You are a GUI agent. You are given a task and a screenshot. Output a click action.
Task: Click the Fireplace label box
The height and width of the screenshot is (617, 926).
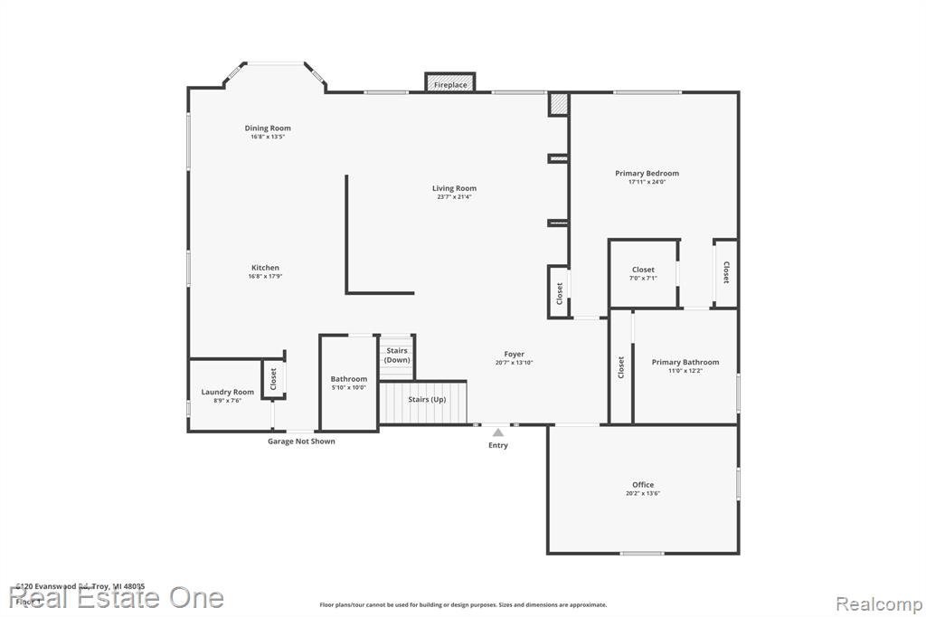click(450, 84)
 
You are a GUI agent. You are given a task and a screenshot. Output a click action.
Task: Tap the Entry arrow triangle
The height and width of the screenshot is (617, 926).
click(497, 433)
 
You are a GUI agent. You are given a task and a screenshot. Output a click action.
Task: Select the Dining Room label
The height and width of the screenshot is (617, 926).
click(268, 128)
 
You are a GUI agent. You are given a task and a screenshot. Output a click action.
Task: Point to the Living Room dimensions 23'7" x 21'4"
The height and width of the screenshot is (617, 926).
click(454, 196)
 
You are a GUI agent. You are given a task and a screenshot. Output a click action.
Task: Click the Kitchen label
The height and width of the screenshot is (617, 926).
click(265, 268)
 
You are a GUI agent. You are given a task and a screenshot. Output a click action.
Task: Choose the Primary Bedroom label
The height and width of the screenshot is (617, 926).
click(647, 174)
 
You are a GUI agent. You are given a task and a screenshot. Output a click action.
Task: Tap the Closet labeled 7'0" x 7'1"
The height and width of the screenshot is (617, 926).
click(643, 273)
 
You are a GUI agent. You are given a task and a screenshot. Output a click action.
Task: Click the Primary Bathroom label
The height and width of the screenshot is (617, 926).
click(685, 363)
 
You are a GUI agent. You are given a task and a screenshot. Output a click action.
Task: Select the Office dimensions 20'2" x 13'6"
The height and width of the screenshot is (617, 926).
click(643, 493)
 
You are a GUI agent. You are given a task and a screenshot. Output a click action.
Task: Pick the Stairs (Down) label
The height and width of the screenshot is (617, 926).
click(397, 355)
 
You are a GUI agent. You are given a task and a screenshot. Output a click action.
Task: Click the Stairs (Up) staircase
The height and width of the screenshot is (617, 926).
click(423, 403)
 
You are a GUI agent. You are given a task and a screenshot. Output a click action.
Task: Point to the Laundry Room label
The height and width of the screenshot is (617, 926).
click(227, 393)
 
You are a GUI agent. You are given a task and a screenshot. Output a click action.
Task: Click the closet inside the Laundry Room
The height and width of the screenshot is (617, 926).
click(274, 380)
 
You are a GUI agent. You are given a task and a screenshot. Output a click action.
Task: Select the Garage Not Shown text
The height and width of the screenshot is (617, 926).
click(301, 441)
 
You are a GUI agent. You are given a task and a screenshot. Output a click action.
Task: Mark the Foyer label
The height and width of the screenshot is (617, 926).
click(514, 355)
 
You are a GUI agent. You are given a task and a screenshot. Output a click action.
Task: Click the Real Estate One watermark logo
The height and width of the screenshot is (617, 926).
click(118, 598)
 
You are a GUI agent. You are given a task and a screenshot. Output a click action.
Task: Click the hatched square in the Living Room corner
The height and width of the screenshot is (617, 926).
click(558, 104)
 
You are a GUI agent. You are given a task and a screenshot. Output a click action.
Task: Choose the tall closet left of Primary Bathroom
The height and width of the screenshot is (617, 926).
click(620, 366)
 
